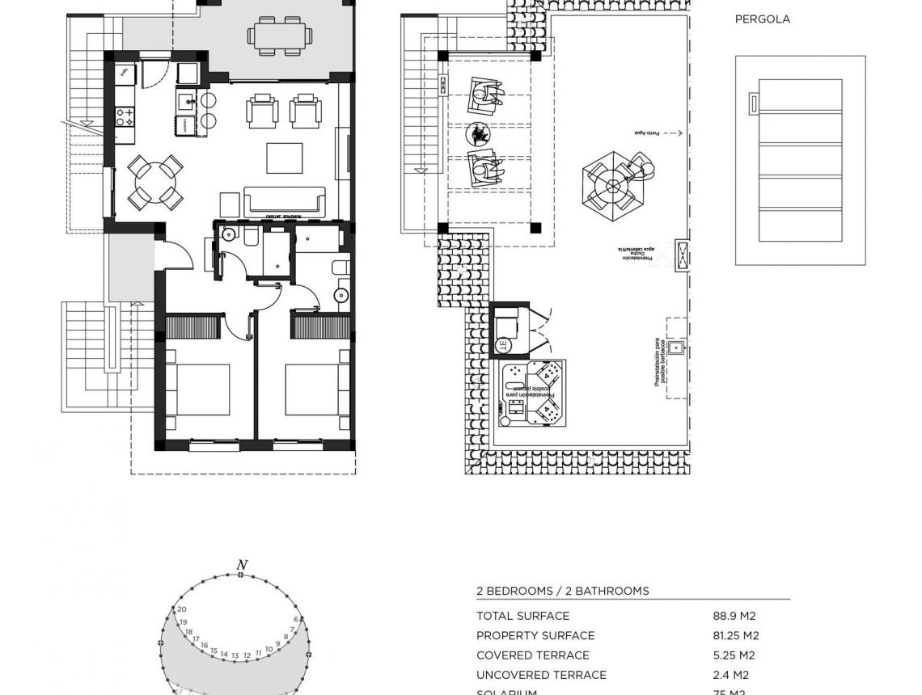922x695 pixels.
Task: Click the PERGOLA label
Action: pos(762,19)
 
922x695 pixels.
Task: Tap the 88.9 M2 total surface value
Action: pos(734,616)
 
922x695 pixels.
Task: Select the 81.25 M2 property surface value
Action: pos(736,636)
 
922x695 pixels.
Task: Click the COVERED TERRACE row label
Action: pos(532,655)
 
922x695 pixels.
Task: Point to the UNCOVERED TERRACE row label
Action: pos(541,675)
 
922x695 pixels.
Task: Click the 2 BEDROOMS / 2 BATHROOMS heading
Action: pos(562,591)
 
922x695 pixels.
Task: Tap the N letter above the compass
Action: pos(241,565)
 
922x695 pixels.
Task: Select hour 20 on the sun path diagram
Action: pos(182,609)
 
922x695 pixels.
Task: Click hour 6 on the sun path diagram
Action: pos(296,620)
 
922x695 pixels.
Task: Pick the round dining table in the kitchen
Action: pos(154,183)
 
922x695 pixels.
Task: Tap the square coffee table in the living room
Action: pos(284,158)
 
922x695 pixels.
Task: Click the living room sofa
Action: pos(284,201)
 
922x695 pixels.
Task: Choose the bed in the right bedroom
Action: pos(316,390)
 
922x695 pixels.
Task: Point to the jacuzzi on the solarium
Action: pos(534,394)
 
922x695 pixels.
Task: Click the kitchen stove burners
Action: pos(124,117)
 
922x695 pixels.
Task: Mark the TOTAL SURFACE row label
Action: pos(522,616)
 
